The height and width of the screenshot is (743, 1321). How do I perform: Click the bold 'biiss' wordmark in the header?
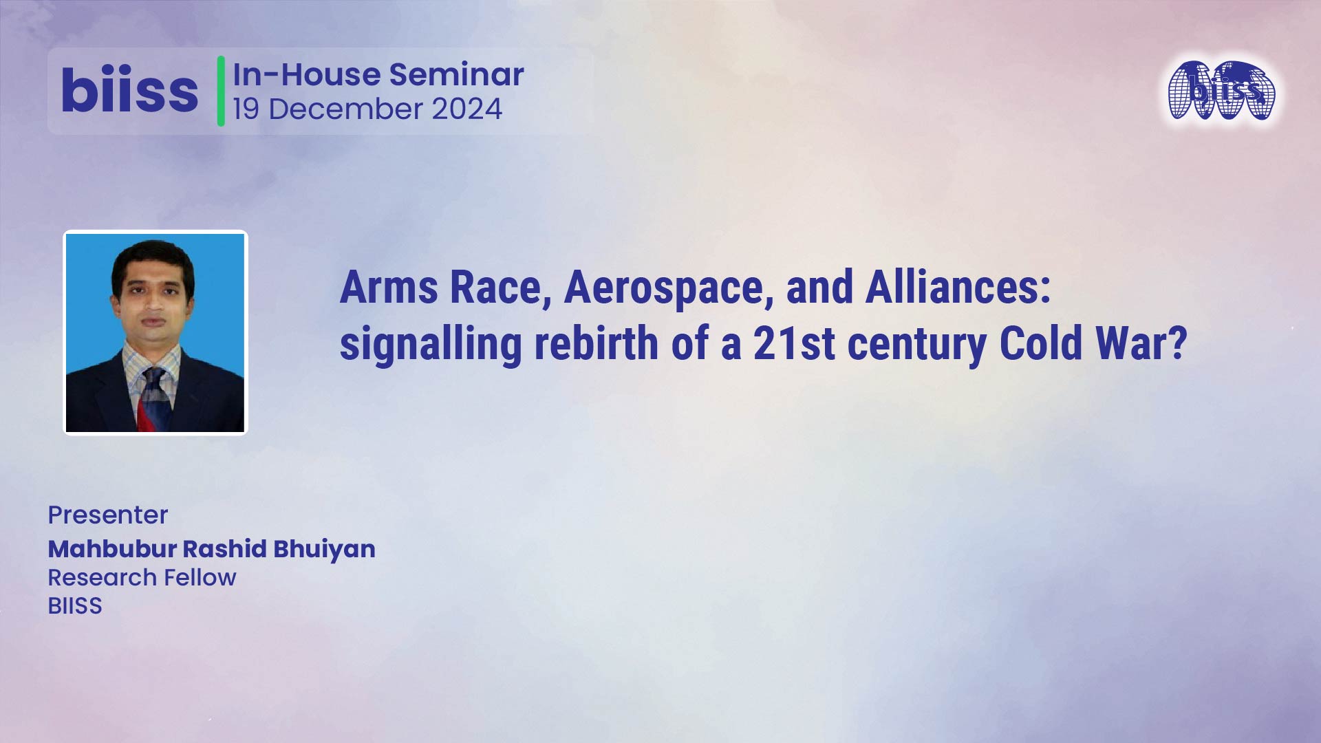click(129, 91)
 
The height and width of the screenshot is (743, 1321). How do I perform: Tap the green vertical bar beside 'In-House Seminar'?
click(221, 91)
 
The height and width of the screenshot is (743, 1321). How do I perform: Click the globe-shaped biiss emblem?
click(1222, 91)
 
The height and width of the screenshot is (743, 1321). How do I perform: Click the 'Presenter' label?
click(108, 515)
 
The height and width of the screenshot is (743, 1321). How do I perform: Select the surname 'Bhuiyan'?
click(324, 549)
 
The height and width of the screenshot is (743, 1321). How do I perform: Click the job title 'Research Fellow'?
click(142, 577)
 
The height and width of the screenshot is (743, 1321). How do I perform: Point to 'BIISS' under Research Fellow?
click(75, 605)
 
